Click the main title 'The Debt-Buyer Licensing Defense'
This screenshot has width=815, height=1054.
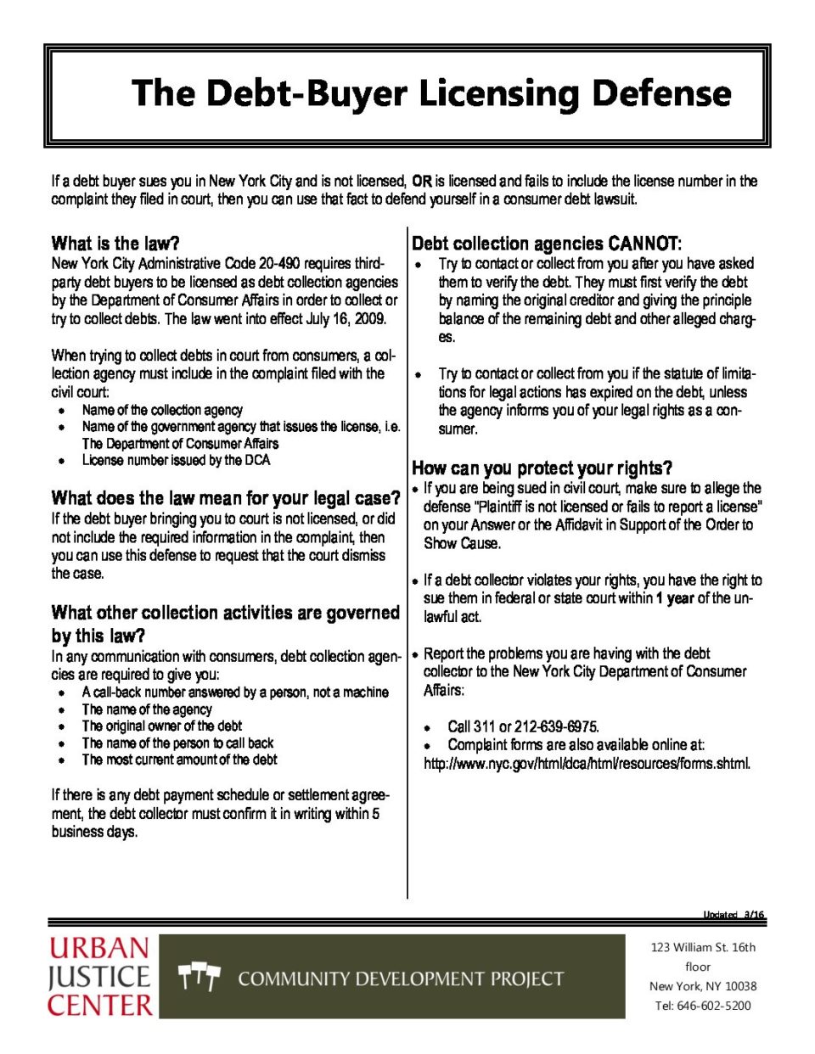pyautogui.click(x=431, y=93)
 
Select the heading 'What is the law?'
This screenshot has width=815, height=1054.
pyautogui.click(x=115, y=244)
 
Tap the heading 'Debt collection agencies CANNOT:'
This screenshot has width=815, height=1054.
pyautogui.click(x=547, y=244)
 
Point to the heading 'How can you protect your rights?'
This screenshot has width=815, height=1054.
pyautogui.click(x=542, y=468)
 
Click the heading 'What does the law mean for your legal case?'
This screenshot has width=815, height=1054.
pyautogui.click(x=225, y=497)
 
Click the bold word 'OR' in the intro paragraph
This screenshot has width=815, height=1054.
pyautogui.click(x=422, y=181)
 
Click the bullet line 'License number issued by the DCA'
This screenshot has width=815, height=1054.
pyautogui.click(x=176, y=460)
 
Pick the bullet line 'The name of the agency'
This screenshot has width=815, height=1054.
pyautogui.click(x=147, y=709)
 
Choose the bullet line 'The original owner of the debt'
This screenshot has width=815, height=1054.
pyautogui.click(x=161, y=726)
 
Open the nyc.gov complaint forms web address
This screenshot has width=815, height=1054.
pyautogui.click(x=587, y=763)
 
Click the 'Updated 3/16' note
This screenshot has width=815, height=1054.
pyautogui.click(x=733, y=915)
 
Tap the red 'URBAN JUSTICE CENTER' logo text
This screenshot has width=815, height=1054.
pyautogui.click(x=99, y=976)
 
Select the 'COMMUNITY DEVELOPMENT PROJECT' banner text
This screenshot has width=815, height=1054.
pyautogui.click(x=401, y=978)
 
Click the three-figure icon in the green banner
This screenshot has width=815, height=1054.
pyautogui.click(x=200, y=978)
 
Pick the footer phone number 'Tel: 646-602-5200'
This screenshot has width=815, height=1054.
pyautogui.click(x=703, y=1006)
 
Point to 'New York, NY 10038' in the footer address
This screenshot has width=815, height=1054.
pyautogui.click(x=703, y=986)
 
